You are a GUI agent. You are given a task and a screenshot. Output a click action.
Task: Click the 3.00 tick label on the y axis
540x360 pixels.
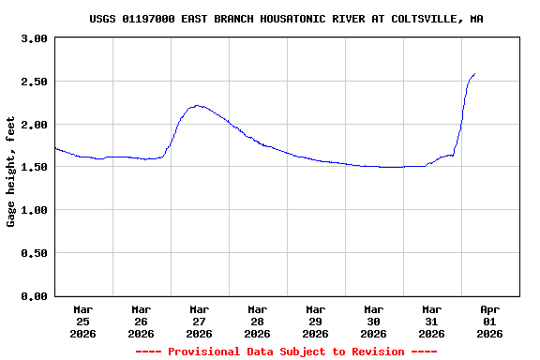point(34,38)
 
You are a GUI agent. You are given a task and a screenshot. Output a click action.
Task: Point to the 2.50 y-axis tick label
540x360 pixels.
point(34,82)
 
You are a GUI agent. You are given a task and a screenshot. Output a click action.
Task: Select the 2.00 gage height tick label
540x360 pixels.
point(34,125)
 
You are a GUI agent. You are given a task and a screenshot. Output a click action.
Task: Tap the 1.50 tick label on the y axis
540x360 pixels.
point(34,167)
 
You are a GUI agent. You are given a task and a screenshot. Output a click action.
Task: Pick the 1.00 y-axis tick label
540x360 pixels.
point(34,210)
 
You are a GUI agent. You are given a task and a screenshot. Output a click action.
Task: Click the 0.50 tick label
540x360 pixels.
point(34,253)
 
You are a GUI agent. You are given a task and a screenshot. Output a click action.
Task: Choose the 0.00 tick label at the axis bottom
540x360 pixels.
point(34,296)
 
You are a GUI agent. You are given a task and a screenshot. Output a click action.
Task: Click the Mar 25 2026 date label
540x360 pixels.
point(83,321)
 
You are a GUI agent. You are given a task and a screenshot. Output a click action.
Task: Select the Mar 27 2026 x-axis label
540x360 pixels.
point(199,321)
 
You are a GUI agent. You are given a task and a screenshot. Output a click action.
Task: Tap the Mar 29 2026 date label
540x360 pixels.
point(315,321)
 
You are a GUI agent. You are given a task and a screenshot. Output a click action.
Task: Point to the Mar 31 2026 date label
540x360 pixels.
point(431,321)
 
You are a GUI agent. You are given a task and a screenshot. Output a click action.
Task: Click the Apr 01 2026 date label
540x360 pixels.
point(489,321)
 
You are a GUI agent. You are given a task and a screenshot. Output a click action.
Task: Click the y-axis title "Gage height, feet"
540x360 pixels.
point(11,172)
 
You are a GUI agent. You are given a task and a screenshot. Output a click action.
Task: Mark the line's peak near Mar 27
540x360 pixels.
point(197,106)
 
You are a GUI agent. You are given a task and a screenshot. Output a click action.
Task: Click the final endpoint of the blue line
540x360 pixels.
point(474,73)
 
